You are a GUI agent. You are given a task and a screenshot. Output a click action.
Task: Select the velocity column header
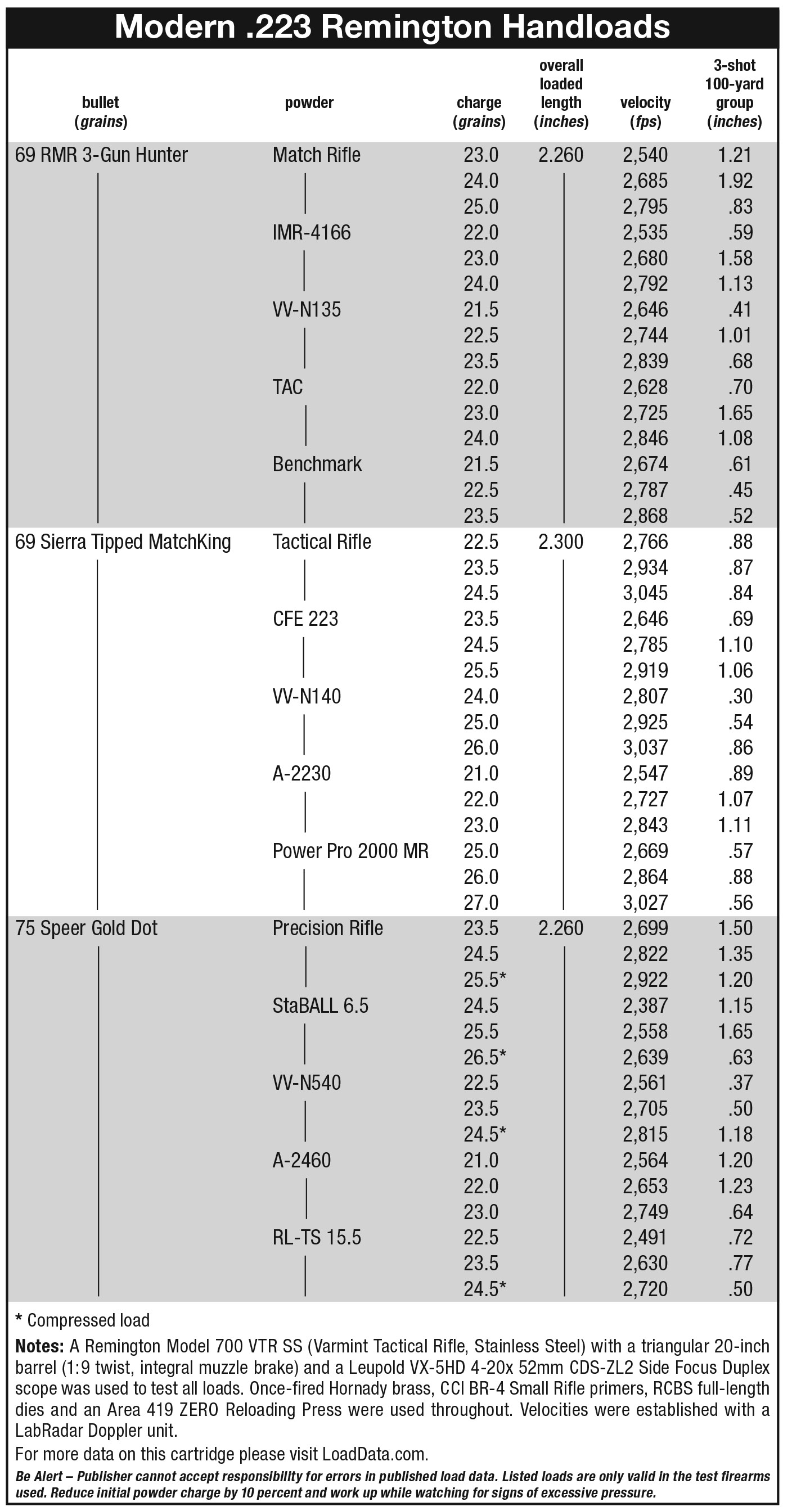pyautogui.click(x=645, y=111)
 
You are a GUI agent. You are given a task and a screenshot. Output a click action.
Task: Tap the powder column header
pyautogui.click(x=309, y=103)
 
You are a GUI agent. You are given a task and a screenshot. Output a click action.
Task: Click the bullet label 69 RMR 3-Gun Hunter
pyautogui.click(x=101, y=155)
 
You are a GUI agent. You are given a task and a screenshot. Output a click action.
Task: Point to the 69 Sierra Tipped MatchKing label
pyautogui.click(x=123, y=542)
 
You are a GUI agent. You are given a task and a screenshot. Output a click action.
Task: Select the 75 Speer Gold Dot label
pyautogui.click(x=86, y=928)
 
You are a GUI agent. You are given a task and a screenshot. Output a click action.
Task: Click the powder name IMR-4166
pyautogui.click(x=312, y=232)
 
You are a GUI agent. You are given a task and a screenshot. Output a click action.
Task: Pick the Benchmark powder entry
pyautogui.click(x=317, y=464)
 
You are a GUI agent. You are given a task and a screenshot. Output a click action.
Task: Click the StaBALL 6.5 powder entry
pyautogui.click(x=320, y=1005)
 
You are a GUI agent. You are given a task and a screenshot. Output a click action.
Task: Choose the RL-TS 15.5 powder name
pyautogui.click(x=317, y=1237)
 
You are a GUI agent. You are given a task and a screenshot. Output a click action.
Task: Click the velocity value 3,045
pyautogui.click(x=645, y=593)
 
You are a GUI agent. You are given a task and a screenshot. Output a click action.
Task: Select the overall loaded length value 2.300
pyautogui.click(x=561, y=542)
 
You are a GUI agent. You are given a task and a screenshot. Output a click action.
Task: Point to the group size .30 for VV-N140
pyautogui.click(x=740, y=696)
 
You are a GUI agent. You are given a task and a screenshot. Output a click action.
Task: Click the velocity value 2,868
pyautogui.click(x=645, y=516)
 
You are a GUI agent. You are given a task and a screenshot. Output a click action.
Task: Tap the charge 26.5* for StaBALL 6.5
pyautogui.click(x=484, y=1057)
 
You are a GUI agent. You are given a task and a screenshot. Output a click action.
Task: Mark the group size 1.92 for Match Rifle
pyautogui.click(x=735, y=181)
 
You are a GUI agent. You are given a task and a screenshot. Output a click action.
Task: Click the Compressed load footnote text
pyautogui.click(x=83, y=1320)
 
